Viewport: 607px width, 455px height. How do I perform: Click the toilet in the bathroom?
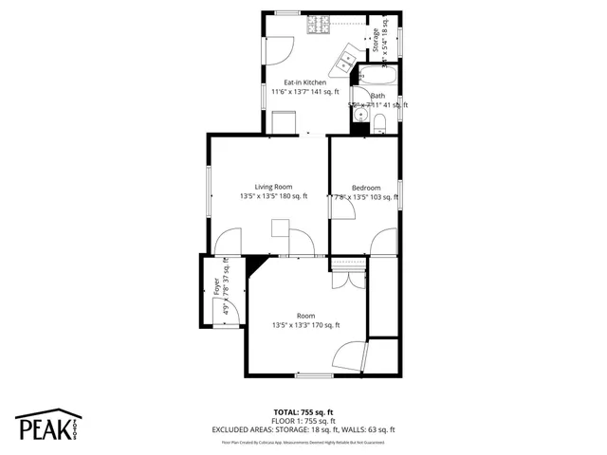click(x=379, y=121)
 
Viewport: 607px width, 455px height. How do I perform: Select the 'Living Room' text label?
click(x=273, y=187)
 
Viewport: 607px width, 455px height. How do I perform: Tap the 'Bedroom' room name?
click(x=366, y=188)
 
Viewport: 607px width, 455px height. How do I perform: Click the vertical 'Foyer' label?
click(x=216, y=287)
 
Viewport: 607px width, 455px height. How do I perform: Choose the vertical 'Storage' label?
click(x=376, y=40)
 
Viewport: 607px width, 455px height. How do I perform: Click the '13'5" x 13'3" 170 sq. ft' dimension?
click(x=305, y=325)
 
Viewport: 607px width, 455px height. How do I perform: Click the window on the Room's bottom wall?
click(x=308, y=375)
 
